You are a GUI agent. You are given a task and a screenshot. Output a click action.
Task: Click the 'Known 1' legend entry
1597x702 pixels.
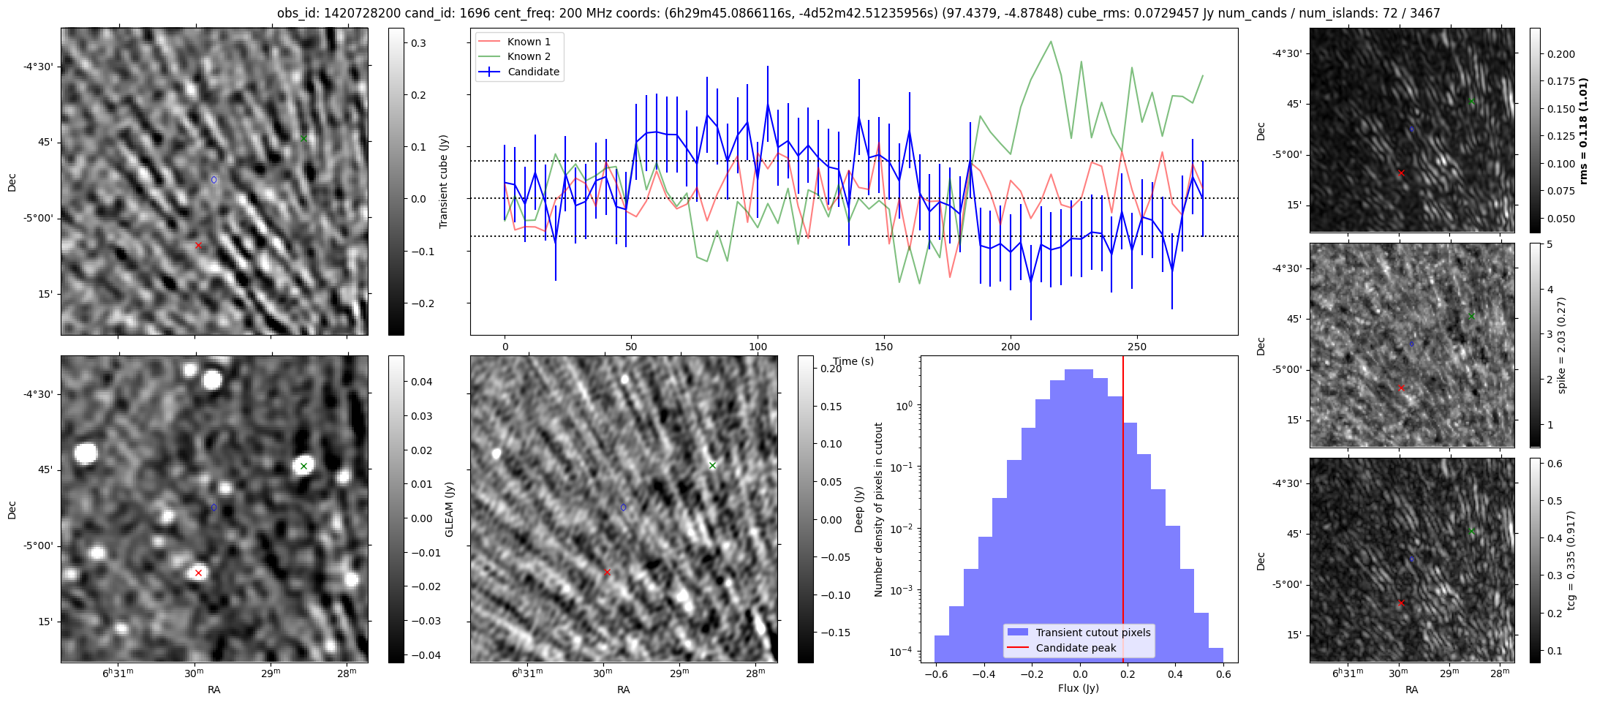(529, 42)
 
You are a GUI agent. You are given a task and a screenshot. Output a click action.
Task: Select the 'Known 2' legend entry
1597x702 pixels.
(529, 56)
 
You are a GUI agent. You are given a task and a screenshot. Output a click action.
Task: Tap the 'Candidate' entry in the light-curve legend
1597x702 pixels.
(533, 72)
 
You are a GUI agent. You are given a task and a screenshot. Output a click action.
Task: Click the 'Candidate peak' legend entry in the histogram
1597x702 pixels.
(1076, 648)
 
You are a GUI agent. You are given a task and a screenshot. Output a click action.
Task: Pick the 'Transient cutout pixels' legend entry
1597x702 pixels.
(1092, 633)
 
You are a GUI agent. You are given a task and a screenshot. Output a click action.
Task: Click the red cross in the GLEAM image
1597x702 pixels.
(198, 573)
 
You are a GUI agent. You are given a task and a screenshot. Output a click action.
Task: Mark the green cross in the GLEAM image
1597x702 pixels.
(304, 466)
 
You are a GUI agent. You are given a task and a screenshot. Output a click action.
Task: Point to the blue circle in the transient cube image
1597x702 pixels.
(214, 180)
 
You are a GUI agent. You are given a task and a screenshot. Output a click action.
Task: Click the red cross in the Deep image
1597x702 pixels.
(607, 573)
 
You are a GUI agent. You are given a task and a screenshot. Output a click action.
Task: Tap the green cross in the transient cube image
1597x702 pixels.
(304, 138)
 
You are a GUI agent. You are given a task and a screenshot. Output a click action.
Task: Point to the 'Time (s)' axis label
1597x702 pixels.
(853, 361)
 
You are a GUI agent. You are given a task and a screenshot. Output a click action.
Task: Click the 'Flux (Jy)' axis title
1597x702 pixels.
(1079, 688)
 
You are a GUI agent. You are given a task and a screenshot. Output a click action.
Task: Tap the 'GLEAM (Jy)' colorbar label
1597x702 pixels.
(450, 509)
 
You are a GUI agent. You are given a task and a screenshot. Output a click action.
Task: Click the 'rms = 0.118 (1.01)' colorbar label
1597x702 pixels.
(1584, 130)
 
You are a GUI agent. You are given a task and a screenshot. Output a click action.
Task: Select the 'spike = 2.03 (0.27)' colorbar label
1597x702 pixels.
(1562, 345)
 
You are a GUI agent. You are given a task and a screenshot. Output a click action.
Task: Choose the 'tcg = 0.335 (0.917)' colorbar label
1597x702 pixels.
(1571, 560)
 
